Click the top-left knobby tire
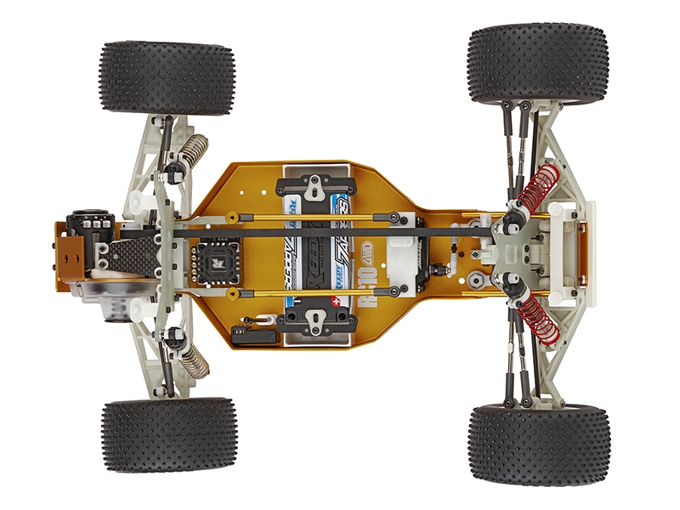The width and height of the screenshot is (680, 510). point(167,77)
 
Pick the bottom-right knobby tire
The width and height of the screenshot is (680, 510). point(538,444)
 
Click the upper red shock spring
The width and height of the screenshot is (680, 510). point(533,190)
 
